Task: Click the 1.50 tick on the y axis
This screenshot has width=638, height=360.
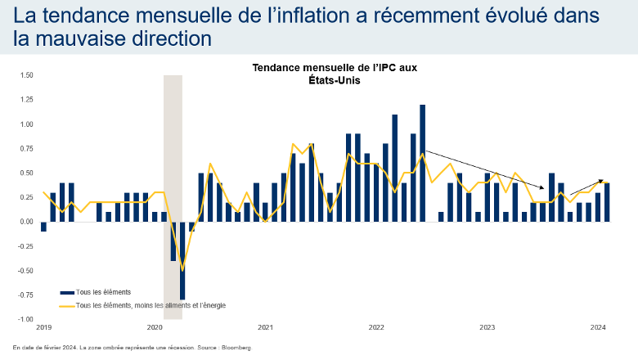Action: [26, 75]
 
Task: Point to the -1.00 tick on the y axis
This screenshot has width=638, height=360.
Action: [25, 319]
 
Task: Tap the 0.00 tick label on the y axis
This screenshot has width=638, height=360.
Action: [26, 222]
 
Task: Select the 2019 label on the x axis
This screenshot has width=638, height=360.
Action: [43, 327]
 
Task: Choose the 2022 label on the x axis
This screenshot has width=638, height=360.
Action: [375, 327]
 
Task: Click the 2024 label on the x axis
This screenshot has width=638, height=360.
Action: [597, 327]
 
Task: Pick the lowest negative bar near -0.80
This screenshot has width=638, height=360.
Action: [182, 260]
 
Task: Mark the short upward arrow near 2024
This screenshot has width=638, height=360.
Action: [587, 187]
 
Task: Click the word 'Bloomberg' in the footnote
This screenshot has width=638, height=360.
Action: [236, 348]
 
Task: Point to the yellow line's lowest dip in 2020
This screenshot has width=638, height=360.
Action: [182, 270]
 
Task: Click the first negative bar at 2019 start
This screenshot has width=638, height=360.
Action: [43, 227]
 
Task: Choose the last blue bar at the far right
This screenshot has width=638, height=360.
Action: [607, 202]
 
